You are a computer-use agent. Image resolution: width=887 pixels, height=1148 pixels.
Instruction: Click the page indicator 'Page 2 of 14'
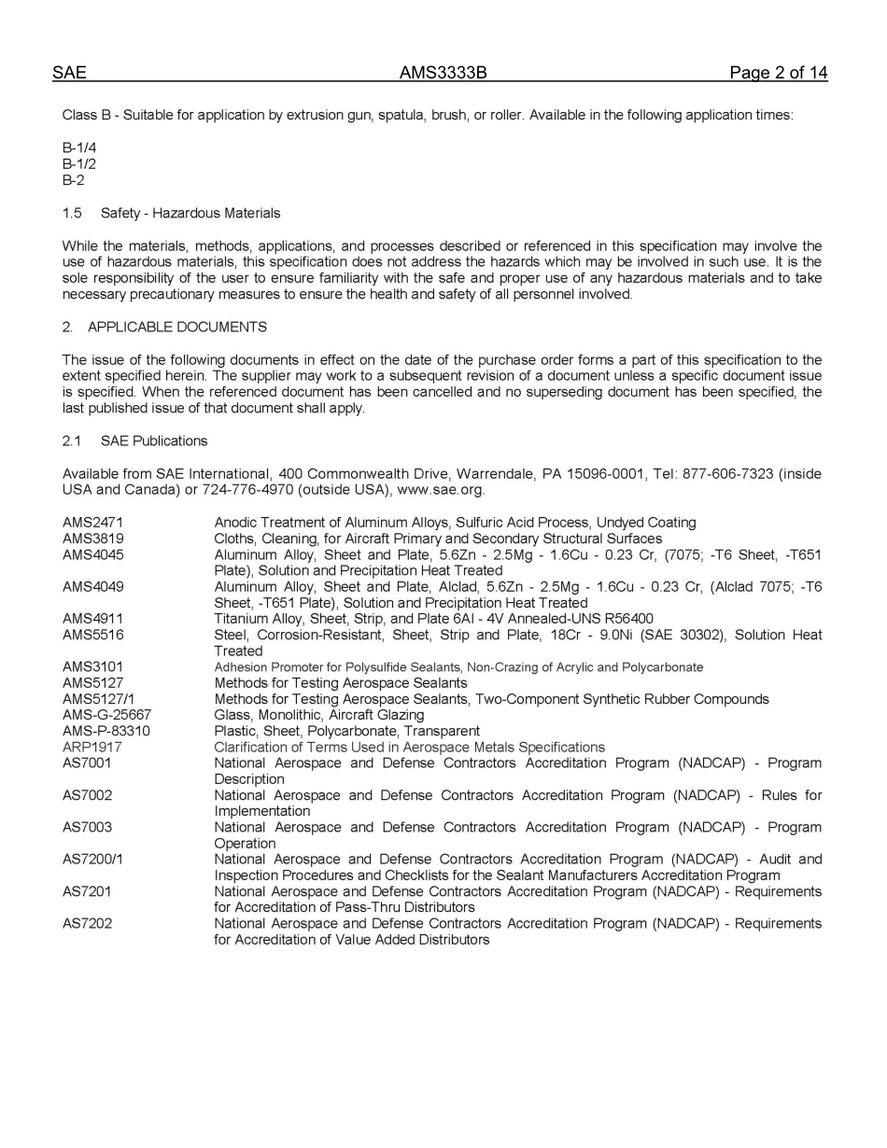point(779,73)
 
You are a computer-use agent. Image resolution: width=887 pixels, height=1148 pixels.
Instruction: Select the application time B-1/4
point(79,147)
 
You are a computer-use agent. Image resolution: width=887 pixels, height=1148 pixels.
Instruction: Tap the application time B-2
point(74,180)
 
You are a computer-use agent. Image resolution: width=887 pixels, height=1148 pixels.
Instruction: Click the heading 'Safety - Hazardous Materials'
point(190,213)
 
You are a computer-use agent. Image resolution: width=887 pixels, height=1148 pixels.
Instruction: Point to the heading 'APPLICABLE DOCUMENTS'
point(177,327)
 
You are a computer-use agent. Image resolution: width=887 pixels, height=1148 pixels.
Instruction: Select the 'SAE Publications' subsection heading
point(154,441)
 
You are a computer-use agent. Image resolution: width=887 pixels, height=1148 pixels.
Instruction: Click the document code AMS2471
point(92,523)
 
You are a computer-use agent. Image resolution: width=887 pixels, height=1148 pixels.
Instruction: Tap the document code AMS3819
point(92,539)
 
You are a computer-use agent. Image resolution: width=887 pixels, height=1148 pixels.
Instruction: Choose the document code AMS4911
point(92,619)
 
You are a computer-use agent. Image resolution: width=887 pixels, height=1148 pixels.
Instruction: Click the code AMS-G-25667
point(106,715)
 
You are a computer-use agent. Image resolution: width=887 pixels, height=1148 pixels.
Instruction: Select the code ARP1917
point(92,747)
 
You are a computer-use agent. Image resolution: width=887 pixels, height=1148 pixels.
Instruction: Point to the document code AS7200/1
point(92,859)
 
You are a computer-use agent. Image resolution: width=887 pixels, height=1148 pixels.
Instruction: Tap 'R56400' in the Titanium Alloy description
point(626,619)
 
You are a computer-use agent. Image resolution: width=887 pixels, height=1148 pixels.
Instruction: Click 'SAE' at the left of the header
point(69,73)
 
